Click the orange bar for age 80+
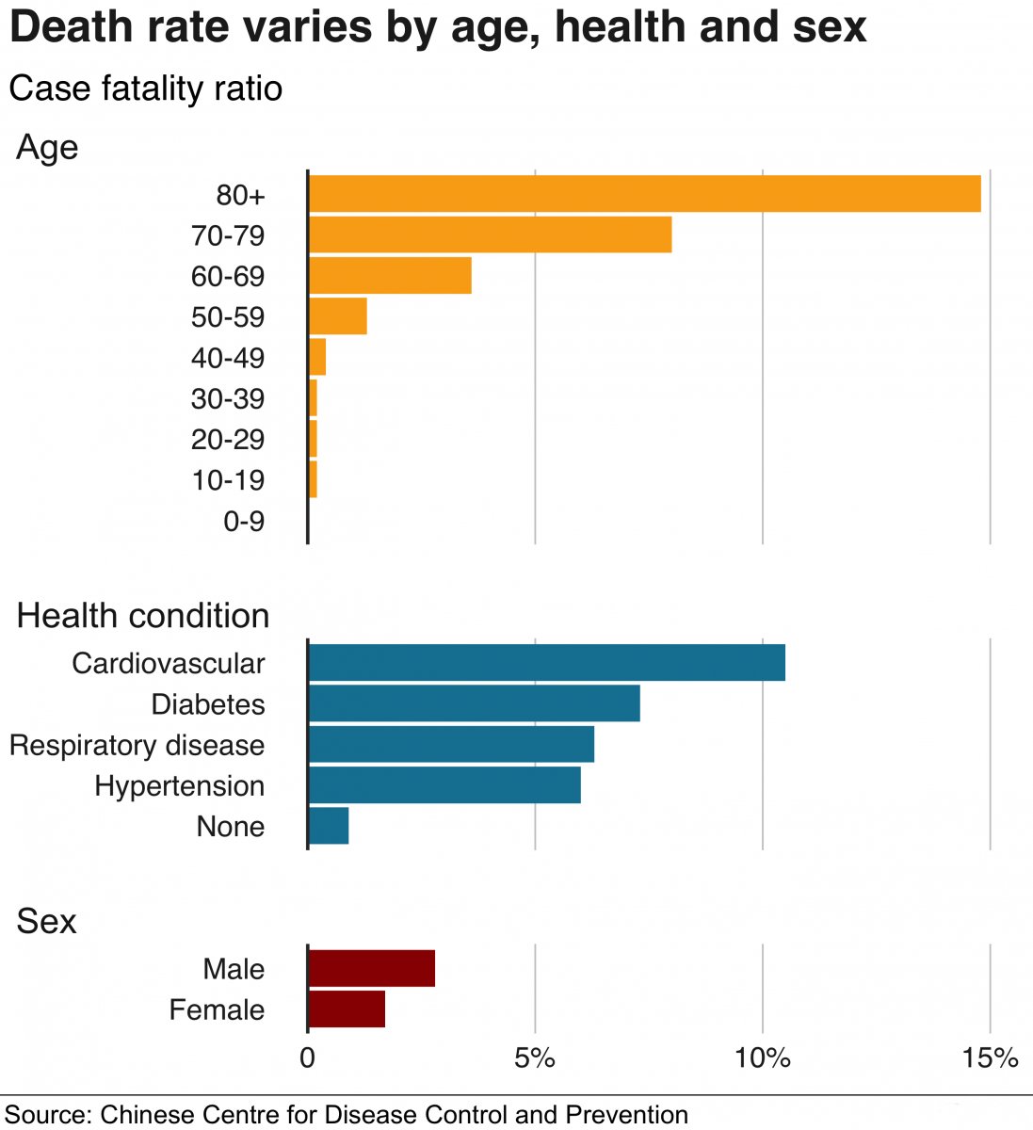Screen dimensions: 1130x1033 [644, 194]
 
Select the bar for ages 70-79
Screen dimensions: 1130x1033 [490, 234]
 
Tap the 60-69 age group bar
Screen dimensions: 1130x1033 [390, 275]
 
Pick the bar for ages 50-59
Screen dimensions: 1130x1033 [337, 316]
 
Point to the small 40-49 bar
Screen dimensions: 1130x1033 [317, 357]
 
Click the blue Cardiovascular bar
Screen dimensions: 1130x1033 [546, 662]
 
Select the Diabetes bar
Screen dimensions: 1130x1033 [474, 703]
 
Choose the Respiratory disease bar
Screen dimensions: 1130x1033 [451, 744]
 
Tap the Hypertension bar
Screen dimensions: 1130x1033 [444, 784]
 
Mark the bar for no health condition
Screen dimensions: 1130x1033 [329, 826]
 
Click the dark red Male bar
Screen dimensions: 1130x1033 [371, 968]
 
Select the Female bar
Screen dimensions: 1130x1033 [347, 1009]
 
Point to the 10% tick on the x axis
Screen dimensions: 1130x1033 [763, 1058]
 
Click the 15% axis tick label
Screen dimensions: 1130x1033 [990, 1058]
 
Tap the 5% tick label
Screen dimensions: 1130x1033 [535, 1058]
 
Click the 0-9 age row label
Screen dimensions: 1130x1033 [244, 521]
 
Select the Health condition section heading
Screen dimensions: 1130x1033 [143, 616]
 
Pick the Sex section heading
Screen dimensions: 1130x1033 [46, 921]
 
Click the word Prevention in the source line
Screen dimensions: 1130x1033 [626, 1115]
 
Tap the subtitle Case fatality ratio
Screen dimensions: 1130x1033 [146, 89]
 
